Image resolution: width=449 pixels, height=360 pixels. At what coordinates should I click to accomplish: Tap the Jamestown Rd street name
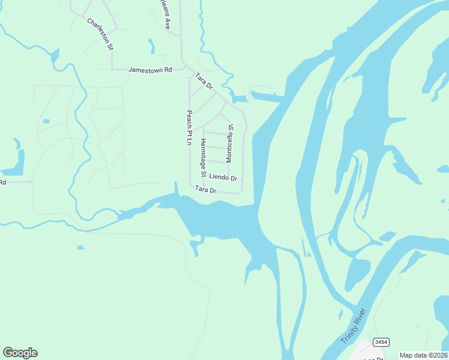point(150,70)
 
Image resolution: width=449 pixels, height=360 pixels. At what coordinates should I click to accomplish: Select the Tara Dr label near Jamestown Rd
point(204,81)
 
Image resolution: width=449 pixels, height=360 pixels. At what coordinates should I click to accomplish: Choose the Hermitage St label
point(203,158)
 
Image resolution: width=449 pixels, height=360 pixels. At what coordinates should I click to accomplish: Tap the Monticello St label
point(229,143)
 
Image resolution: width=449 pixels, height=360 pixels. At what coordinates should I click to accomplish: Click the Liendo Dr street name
point(223,178)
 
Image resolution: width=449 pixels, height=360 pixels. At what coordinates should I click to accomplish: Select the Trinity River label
point(353,326)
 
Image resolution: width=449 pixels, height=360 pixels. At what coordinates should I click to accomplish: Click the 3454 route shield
point(381,342)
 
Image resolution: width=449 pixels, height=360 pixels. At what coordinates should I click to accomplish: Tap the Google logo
point(20,352)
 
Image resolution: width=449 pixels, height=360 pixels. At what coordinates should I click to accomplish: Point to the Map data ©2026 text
point(424,355)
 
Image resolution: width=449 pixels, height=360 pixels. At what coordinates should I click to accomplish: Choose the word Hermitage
point(203,154)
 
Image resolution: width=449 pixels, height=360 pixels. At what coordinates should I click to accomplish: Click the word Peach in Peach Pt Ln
point(188,119)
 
